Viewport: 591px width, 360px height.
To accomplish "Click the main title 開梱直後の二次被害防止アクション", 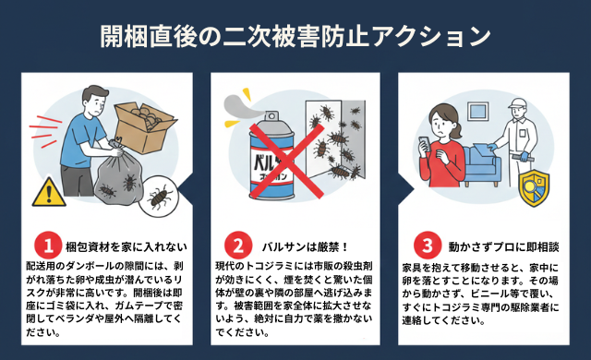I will point(295,36).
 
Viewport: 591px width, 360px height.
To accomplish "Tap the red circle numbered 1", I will point(47,246).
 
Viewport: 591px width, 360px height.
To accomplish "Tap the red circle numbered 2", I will point(237,246).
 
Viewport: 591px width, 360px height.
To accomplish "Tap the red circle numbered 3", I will point(426,246).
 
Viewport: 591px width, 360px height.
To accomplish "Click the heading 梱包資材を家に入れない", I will point(127,247).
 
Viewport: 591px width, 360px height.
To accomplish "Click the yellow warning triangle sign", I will point(46,191).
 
